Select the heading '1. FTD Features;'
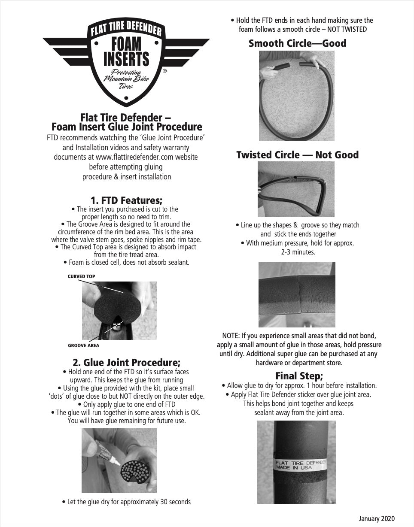point(126,200)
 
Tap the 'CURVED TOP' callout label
point(81,277)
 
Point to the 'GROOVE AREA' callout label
point(83,345)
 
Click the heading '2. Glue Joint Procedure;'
point(126,362)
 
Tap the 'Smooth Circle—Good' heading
point(297,43)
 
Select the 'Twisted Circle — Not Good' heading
point(297,155)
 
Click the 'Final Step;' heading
point(299,376)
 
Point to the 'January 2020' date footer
point(377,519)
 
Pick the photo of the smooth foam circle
point(297,96)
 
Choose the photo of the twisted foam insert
point(296,189)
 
